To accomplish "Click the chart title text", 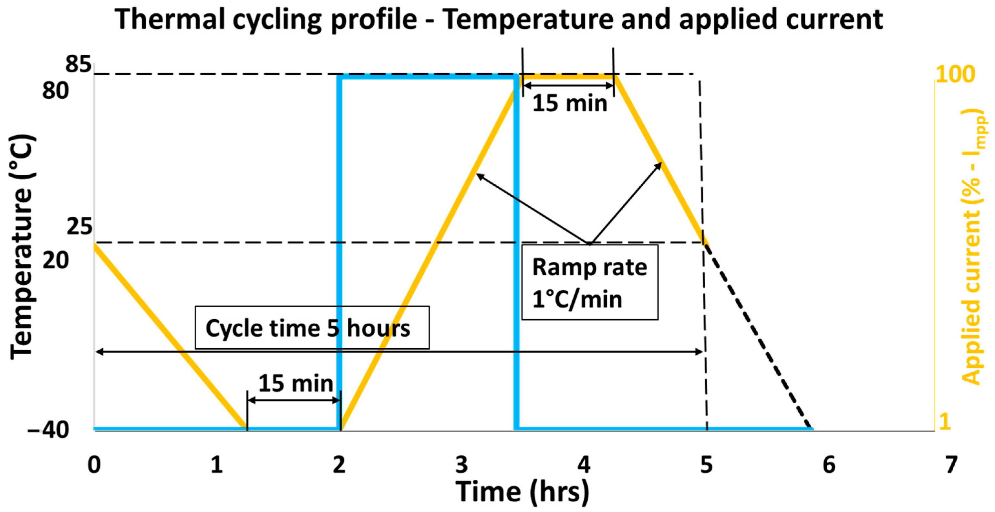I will coord(498,19).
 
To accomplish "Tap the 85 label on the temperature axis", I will coord(78,64).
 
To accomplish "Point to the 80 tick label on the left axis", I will coord(55,91).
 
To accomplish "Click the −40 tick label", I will coord(48,429).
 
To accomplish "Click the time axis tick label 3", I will coord(461,465).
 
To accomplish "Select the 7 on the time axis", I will coord(951,465).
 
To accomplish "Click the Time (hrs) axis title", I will coord(522,492).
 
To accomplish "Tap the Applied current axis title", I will coord(973,247).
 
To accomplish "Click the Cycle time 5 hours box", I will coord(312,328).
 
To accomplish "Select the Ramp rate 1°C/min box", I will coord(589,282).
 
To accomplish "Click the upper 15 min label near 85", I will coord(569,103).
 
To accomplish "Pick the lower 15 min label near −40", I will coord(295,384).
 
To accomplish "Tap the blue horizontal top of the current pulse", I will coord(428,77).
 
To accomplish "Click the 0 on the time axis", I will coord(94,465).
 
